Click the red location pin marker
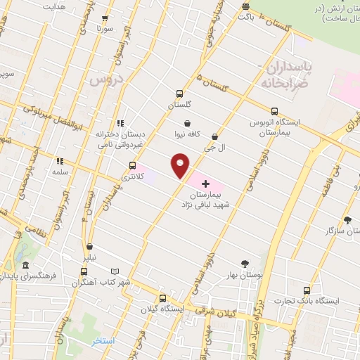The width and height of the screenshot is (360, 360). pos(181,165)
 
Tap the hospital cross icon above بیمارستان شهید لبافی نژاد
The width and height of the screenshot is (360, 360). pos(205,183)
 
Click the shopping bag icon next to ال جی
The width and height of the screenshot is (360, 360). pos(214,136)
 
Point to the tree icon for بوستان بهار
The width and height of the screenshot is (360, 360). pos(244,264)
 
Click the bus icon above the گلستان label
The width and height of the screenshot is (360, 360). pos(179,93)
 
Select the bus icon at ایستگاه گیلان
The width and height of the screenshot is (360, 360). pos(162,297)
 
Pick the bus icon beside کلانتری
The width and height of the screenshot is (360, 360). pos(132,165)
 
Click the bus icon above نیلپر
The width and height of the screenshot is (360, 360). pos(89,247)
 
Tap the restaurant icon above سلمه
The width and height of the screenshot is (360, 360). pos(58,160)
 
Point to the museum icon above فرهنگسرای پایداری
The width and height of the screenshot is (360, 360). pos(26,266)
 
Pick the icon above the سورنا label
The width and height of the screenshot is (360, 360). pos(105,19)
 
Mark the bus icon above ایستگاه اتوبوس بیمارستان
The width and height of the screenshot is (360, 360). pos(274,110)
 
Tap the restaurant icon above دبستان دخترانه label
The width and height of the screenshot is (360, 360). pos(120,121)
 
